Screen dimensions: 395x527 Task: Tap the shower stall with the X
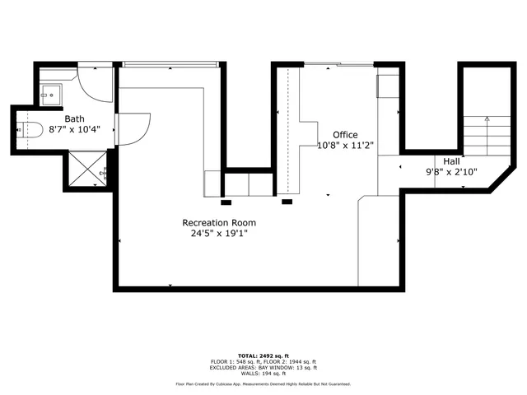tap(85, 170)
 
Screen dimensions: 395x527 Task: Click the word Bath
tap(75, 118)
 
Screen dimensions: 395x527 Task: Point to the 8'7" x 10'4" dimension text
tap(75, 129)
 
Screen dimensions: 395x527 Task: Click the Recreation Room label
tap(219, 222)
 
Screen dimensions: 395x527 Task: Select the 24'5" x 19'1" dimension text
tap(219, 233)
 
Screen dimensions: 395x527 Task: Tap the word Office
tap(345, 134)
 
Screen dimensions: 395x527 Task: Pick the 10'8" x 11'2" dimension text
tap(346, 145)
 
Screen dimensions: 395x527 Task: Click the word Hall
tap(452, 161)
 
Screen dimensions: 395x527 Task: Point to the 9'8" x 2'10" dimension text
tap(452, 172)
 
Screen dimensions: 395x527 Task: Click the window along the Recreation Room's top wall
tap(170, 63)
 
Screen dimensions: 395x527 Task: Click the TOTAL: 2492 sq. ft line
tap(263, 355)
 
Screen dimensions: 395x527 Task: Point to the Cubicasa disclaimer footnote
tap(263, 384)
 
